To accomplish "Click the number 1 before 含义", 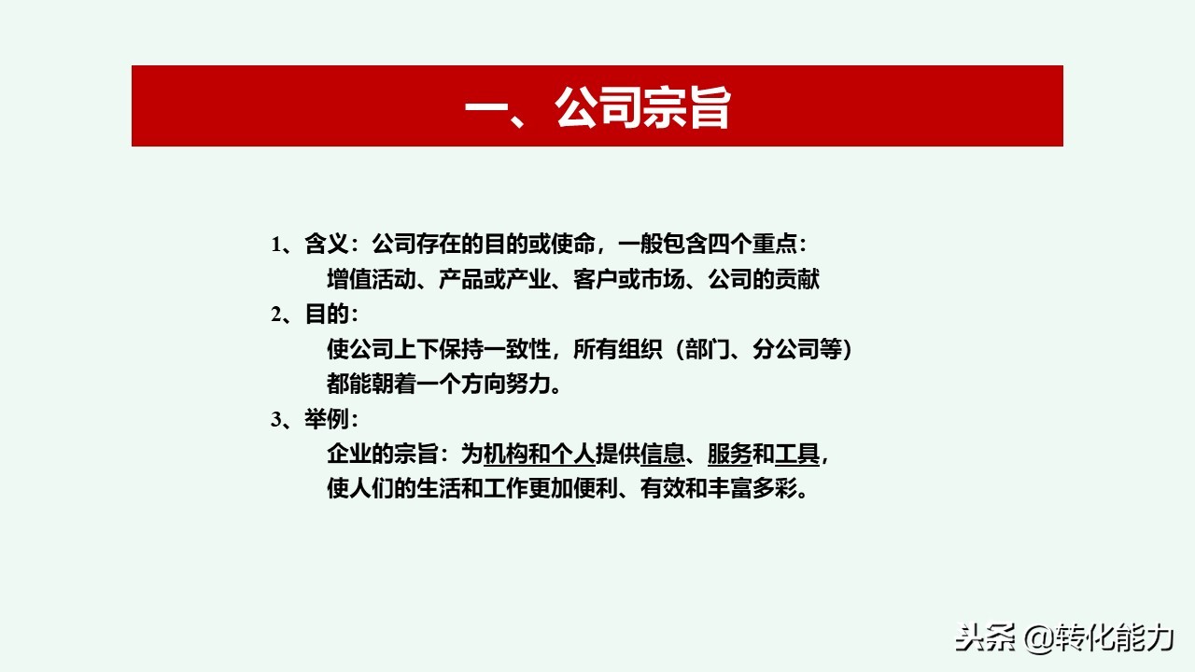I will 276,245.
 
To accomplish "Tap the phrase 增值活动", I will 372,279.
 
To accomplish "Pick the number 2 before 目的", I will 276,315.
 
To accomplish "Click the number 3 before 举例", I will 276,420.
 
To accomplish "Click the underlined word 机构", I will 505,455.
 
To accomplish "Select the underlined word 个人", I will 572,455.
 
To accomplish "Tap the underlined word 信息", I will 663,455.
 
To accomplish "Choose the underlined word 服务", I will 729,455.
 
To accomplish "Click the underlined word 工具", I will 797,455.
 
